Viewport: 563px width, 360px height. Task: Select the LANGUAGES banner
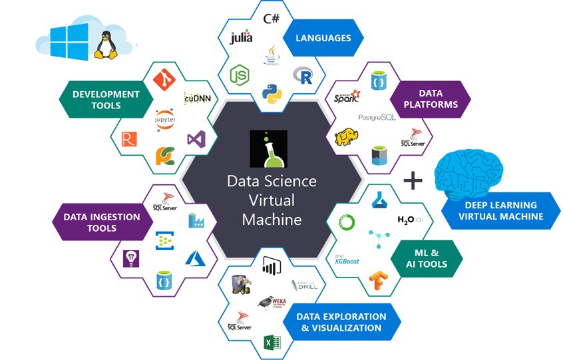pyautogui.click(x=323, y=38)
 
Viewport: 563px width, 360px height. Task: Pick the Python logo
pyautogui.click(x=270, y=94)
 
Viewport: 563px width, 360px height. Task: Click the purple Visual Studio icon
pyautogui.click(x=196, y=139)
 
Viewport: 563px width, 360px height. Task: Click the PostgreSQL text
pyautogui.click(x=377, y=117)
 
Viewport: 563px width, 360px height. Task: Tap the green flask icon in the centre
pyautogui.click(x=269, y=148)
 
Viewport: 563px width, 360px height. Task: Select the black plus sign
pyautogui.click(x=413, y=180)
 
